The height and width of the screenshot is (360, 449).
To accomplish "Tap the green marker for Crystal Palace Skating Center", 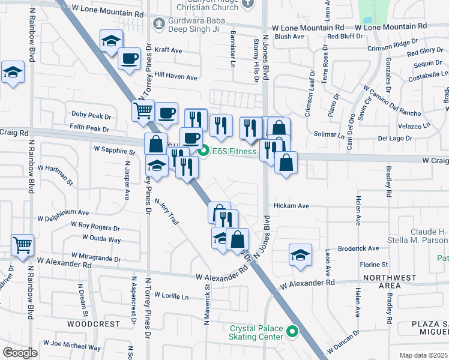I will tap(292, 331).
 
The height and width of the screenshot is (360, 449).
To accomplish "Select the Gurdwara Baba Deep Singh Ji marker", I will tap(158, 24).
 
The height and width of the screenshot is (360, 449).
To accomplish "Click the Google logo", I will tap(20, 353).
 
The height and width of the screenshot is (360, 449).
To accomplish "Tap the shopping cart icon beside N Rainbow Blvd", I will tap(23, 244).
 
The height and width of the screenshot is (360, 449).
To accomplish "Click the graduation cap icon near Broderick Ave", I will tap(300, 254).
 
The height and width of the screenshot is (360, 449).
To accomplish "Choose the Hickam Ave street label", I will tap(291, 206).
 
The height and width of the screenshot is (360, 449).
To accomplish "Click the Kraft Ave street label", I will tap(168, 51).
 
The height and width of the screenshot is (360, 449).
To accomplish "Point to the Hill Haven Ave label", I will tap(176, 77).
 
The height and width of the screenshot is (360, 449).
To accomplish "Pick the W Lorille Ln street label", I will tap(171, 296).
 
